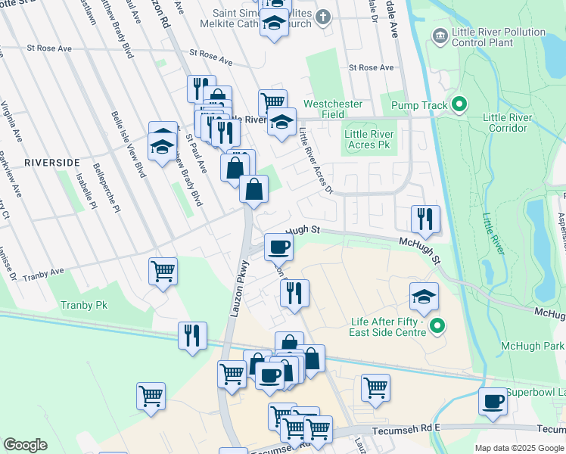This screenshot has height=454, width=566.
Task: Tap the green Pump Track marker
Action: [459, 104]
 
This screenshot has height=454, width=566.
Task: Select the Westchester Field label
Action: [333, 109]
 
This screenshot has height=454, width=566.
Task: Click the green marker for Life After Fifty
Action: [437, 326]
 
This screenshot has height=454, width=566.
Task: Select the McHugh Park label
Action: [529, 346]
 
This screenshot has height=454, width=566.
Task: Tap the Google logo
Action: [25, 445]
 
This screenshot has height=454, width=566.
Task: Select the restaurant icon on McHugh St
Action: [425, 219]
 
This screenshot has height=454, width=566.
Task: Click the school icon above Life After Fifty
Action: [424, 296]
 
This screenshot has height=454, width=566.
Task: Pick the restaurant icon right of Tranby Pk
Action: [192, 335]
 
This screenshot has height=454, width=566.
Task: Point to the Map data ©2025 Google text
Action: [518, 448]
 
